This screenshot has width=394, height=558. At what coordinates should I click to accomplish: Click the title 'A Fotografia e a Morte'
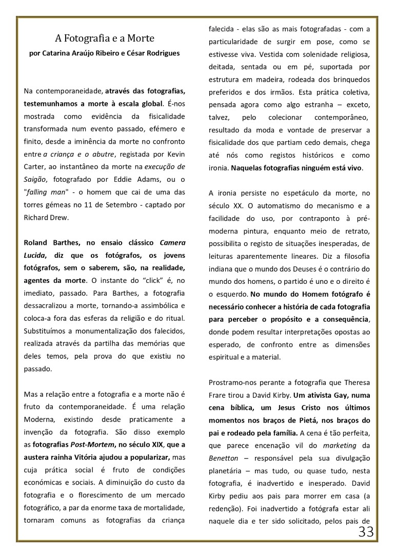click(x=105, y=38)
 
